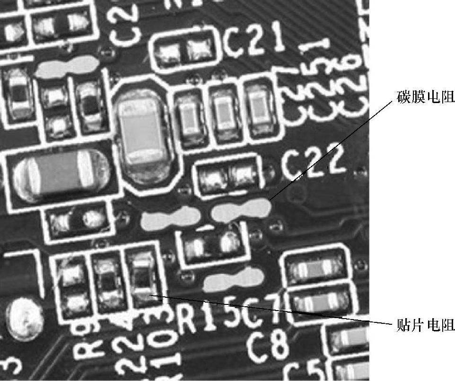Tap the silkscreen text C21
(x=254, y=43)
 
